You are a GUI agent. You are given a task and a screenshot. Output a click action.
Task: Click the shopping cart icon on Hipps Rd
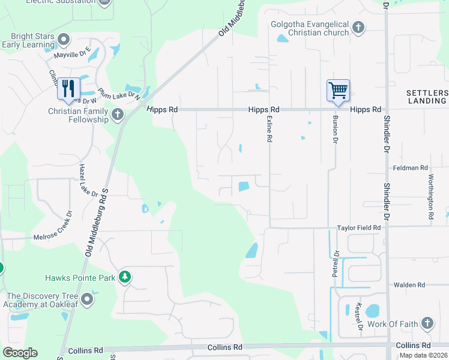(x=338, y=91)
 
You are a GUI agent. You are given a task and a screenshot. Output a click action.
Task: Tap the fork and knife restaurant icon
(x=68, y=89)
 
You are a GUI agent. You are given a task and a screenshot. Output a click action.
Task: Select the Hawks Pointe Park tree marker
(x=125, y=277)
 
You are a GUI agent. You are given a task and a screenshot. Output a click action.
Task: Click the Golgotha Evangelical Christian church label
(x=309, y=28)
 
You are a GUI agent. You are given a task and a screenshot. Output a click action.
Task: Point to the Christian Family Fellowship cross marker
(x=117, y=113)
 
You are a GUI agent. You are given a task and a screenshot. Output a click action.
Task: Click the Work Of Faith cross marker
(x=427, y=324)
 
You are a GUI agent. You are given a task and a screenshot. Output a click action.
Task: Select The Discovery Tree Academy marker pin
(x=88, y=299)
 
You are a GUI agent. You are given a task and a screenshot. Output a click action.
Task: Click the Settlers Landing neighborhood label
(x=427, y=97)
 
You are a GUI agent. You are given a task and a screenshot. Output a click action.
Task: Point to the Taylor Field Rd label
(x=359, y=228)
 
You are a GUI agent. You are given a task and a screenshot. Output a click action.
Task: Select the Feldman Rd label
(x=410, y=168)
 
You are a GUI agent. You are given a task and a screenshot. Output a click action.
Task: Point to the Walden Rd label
(x=409, y=285)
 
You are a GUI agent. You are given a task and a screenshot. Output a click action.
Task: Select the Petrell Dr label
(x=335, y=263)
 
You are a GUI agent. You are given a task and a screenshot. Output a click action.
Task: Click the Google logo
(x=20, y=353)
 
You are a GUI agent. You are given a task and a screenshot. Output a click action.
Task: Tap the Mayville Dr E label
(x=72, y=54)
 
